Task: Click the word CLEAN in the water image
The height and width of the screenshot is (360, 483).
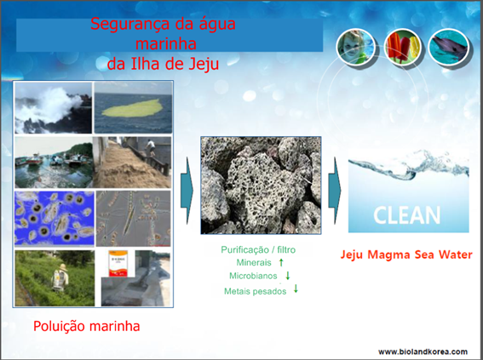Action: click(407, 214)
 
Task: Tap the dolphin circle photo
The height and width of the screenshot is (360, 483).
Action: click(450, 47)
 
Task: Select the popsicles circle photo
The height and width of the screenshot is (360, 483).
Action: click(404, 47)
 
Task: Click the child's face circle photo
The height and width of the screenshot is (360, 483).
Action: click(356, 47)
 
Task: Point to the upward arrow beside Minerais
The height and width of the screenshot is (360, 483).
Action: click(281, 262)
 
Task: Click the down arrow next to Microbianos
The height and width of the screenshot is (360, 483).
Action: click(288, 276)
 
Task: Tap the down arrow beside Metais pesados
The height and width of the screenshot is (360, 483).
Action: click(296, 289)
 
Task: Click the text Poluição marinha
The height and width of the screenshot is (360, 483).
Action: click(87, 326)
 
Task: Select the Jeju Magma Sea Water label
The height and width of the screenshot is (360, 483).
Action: click(406, 254)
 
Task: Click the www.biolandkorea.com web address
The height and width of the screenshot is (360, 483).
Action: click(423, 351)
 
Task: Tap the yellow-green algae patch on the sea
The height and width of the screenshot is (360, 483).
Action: click(130, 109)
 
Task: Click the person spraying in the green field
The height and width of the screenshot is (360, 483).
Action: click(60, 277)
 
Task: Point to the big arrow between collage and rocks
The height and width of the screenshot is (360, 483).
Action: click(187, 191)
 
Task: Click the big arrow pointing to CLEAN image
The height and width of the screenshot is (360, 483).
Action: click(335, 191)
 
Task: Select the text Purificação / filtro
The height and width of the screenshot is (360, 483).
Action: click(258, 249)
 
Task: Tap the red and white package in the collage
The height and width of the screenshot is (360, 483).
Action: click(118, 264)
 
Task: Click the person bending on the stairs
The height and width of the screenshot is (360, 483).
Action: click(150, 148)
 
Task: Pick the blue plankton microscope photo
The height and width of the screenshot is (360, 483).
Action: click(55, 218)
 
